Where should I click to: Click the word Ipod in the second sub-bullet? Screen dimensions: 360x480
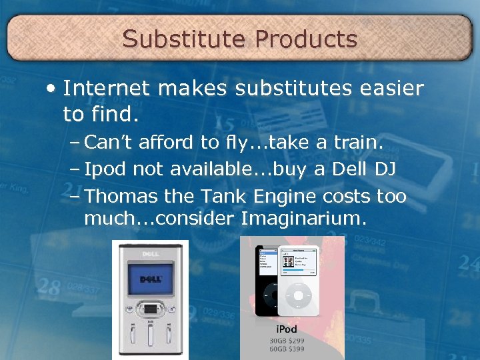[106, 170]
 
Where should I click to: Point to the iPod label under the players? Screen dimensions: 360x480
[286, 329]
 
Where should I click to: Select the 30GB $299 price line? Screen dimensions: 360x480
[286, 340]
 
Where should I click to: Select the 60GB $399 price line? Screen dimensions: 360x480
[286, 350]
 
